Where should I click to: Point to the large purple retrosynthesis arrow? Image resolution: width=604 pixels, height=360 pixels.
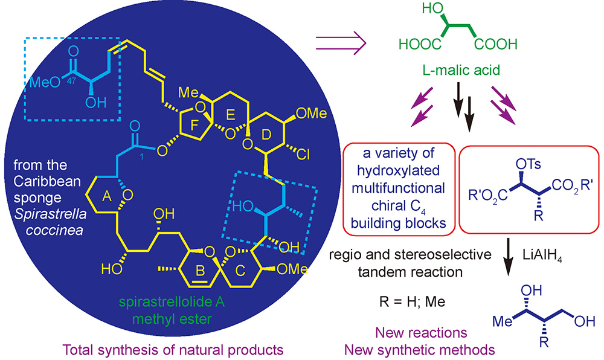pos(340,43)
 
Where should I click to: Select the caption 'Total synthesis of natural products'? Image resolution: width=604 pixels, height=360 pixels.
pos(167,349)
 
